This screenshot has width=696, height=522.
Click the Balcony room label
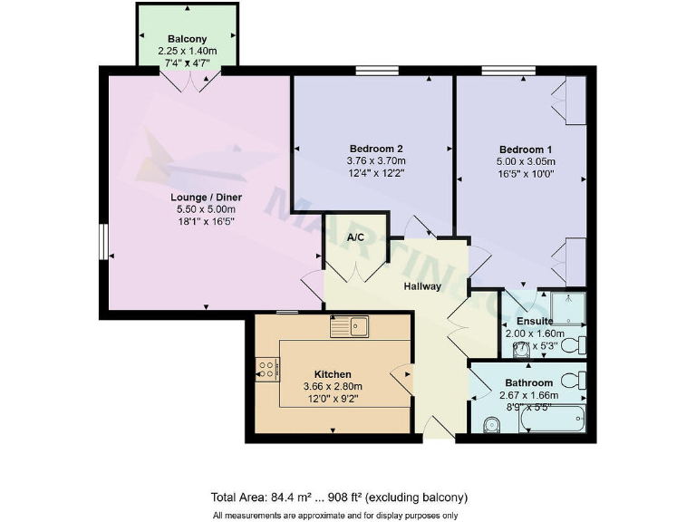coord(188,39)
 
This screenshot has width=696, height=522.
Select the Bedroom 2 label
coord(375,149)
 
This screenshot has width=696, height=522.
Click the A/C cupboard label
coord(356,237)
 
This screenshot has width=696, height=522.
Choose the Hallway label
coord(422,286)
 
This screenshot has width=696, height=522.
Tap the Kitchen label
coord(333,373)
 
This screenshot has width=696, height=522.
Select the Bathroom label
coord(528,382)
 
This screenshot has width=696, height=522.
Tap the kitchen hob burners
coord(267,368)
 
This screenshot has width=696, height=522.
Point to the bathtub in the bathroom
coord(554,419)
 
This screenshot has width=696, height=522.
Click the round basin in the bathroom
coord(491,424)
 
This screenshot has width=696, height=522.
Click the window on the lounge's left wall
coord(104,242)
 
